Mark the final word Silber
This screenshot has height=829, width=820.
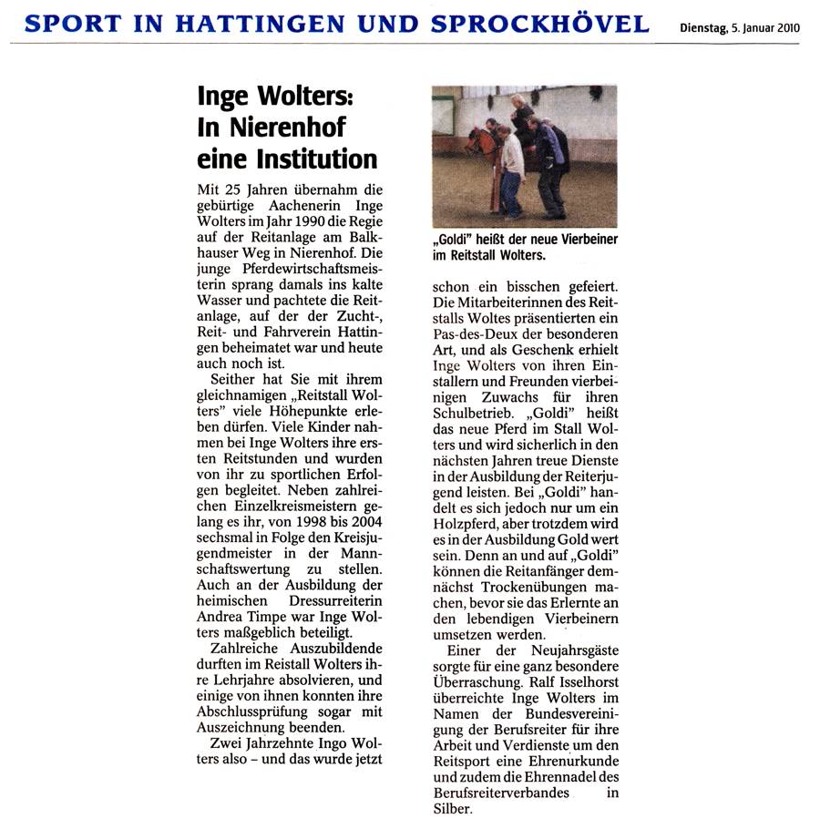pos(453,808)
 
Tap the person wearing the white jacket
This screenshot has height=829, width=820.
pos(513,164)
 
